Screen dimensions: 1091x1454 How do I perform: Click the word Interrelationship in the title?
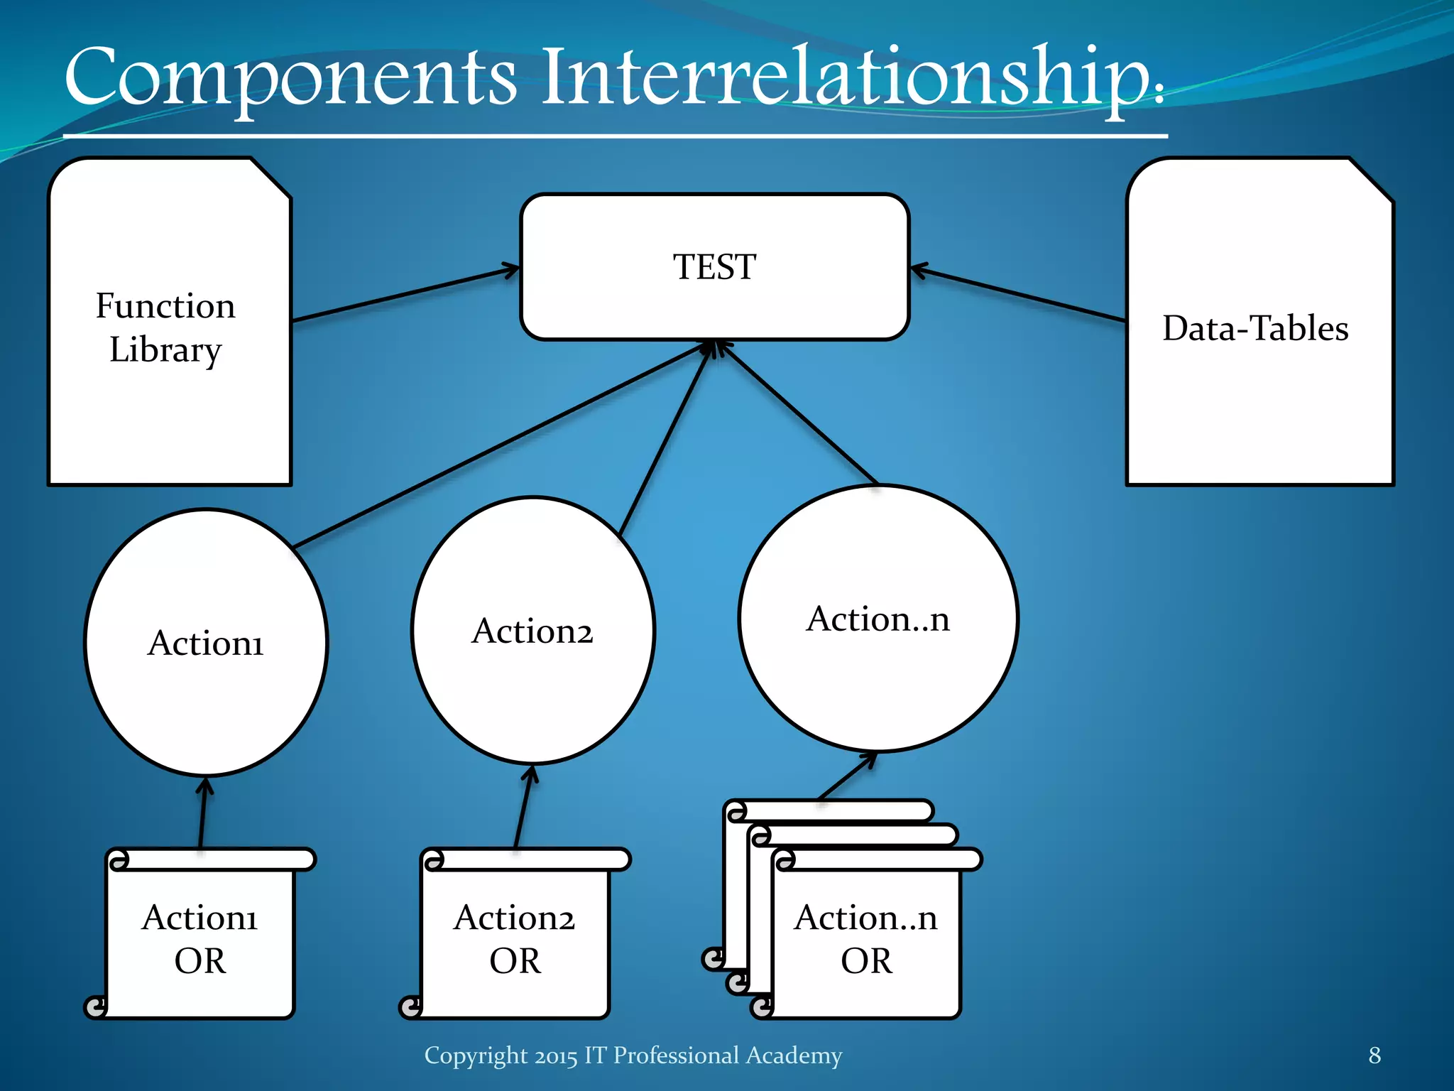[848, 78]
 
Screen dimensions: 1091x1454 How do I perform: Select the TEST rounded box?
[714, 267]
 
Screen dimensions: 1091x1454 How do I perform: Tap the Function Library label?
[165, 327]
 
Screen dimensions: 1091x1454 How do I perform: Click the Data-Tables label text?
[1255, 328]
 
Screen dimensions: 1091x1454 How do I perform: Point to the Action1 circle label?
[206, 643]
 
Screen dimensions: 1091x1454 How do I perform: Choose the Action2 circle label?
[532, 631]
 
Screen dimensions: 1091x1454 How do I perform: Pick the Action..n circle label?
[878, 619]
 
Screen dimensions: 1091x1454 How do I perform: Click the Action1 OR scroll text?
[200, 939]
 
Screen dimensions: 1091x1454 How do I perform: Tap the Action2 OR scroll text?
[515, 939]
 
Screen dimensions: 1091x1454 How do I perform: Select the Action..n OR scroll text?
[866, 939]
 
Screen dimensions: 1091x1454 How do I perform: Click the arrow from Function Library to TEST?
[405, 295]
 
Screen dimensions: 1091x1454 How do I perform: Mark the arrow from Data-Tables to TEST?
[1019, 295]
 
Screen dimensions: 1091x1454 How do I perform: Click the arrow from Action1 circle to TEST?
[497, 446]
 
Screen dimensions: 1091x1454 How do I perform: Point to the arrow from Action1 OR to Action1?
[203, 813]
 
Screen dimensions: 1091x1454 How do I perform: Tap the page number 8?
[1374, 1055]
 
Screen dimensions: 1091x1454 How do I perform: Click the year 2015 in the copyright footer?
[556, 1056]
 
